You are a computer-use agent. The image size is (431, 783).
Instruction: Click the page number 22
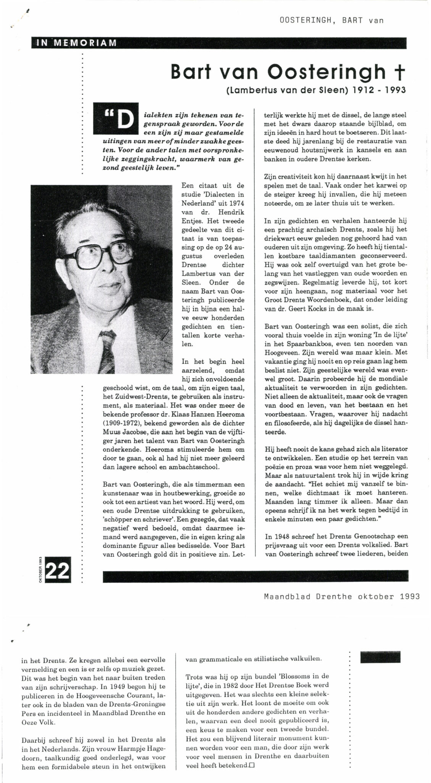[58, 572]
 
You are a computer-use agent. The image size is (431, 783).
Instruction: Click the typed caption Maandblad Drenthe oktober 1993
[342, 596]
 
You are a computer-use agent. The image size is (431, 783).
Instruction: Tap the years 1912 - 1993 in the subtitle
[374, 91]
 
